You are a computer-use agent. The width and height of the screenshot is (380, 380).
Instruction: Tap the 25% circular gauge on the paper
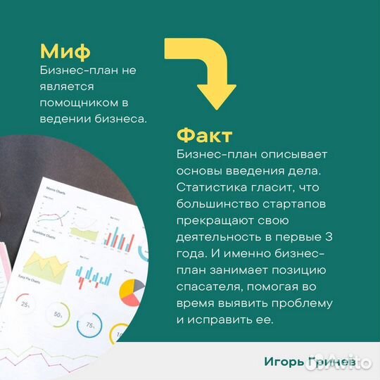(x=26, y=305)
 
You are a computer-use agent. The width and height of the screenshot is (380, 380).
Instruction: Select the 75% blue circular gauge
(x=90, y=325)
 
